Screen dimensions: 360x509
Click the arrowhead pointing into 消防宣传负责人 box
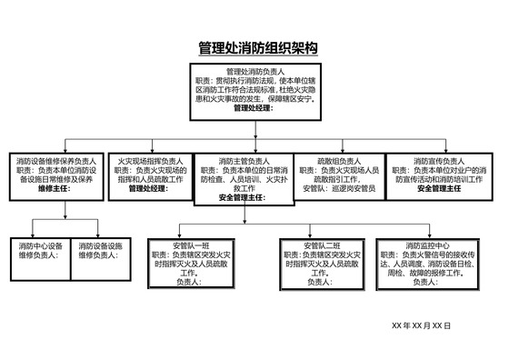441,151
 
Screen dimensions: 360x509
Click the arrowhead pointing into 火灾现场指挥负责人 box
151,151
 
